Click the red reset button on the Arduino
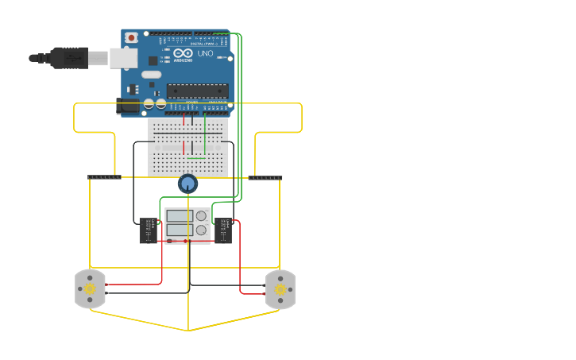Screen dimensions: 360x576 click(x=131, y=37)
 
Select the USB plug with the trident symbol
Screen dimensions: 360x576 click(x=70, y=58)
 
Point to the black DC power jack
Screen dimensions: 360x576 click(x=127, y=105)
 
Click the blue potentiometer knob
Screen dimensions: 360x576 click(x=187, y=184)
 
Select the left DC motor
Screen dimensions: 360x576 click(x=90, y=289)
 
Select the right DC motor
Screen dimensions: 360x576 click(x=280, y=289)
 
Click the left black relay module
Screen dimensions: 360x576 click(x=149, y=231)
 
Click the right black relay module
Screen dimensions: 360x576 click(x=223, y=231)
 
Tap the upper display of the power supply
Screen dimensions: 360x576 click(x=178, y=215)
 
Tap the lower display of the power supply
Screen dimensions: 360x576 click(x=178, y=230)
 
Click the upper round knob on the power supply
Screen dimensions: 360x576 click(x=201, y=215)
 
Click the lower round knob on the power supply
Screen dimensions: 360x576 click(x=201, y=230)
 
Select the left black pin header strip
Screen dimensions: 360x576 click(x=104, y=177)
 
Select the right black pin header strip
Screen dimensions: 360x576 click(x=265, y=177)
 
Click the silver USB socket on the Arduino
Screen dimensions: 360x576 click(x=122, y=58)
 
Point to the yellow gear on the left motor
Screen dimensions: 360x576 click(x=90, y=290)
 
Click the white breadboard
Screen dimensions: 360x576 click(x=188, y=147)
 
